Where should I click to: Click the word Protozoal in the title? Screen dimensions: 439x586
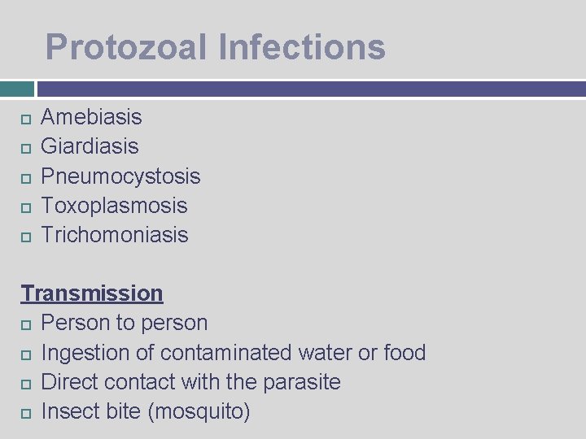tap(126, 47)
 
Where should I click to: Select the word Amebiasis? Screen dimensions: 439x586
tap(91, 117)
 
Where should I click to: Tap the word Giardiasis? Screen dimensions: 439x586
tap(90, 146)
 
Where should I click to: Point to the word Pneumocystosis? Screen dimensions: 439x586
tap(120, 176)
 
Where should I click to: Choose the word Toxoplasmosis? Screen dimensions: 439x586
tap(114, 206)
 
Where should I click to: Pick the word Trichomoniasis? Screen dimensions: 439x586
tap(114, 235)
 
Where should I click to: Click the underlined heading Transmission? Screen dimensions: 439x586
tap(92, 293)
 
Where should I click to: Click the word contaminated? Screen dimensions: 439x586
tap(226, 353)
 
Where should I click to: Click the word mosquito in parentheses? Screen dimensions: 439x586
tap(199, 412)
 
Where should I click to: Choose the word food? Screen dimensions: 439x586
tap(405, 353)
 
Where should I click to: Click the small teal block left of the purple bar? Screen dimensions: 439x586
tap(17, 89)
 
